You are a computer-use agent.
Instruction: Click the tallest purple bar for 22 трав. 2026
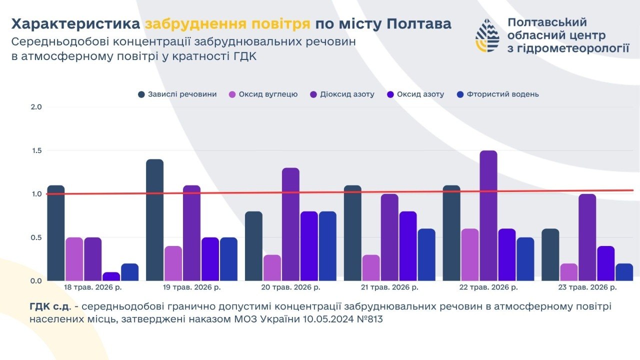[488, 215]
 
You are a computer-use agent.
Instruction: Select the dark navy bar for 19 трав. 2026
[155, 219]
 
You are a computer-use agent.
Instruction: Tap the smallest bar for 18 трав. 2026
[111, 276]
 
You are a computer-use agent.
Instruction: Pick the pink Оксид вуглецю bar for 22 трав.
[470, 254]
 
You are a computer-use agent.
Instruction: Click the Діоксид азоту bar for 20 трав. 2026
[291, 224]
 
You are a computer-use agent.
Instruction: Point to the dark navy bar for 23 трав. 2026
[550, 254]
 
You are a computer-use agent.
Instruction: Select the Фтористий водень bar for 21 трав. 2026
[426, 254]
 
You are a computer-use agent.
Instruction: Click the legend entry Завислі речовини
[177, 94]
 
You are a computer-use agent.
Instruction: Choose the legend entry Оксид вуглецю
[263, 94]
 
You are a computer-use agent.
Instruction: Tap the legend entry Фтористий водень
[498, 94]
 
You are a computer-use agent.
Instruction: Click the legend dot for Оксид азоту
[390, 94]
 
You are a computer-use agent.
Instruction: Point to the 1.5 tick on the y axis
[36, 150]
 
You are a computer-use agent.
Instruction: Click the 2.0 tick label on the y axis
[36, 107]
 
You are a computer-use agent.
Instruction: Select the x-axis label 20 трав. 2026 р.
[290, 287]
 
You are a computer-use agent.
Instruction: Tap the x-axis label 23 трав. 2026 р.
[587, 287]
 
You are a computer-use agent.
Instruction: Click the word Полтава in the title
[419, 24]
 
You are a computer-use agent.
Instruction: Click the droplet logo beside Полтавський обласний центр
[487, 35]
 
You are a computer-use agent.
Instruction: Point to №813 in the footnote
[369, 319]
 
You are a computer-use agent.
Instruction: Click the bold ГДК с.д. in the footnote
[49, 306]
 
